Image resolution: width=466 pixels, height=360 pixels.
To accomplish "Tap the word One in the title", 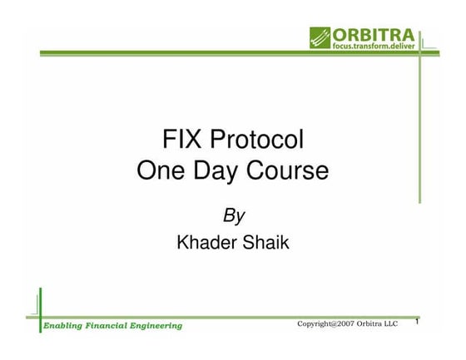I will tap(161, 171).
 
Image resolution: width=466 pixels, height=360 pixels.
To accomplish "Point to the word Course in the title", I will tap(289, 171).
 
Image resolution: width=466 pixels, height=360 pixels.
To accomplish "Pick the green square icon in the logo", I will tap(320, 37).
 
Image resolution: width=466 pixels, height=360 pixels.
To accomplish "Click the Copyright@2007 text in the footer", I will tap(326, 323).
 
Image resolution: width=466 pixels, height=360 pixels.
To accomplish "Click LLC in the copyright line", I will tap(392, 323).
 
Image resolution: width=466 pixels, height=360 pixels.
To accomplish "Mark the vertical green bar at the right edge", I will tap(420, 125).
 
